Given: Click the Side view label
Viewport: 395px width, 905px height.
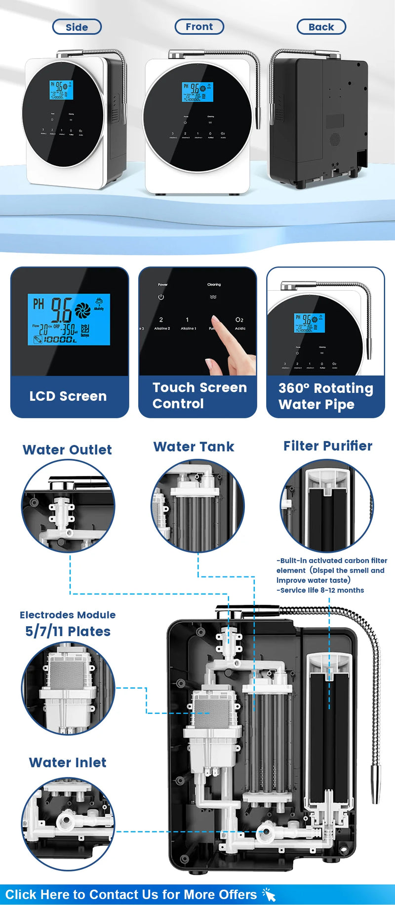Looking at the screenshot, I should click(77, 27).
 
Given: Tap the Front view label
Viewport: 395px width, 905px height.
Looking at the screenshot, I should click(199, 27).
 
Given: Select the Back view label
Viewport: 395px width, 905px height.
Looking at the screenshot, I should click(321, 27).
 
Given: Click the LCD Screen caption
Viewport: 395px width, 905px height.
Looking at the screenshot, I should click(68, 396).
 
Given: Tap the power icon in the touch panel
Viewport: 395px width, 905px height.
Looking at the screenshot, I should click(161, 297).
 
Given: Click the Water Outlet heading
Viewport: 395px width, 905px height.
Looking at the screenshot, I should click(67, 450).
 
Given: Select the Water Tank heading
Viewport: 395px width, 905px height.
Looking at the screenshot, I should click(194, 447).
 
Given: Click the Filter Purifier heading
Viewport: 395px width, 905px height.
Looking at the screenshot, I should click(328, 446).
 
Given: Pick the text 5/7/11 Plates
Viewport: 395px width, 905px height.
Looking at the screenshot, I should click(68, 631).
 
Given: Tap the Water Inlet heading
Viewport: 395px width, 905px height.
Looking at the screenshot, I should click(68, 762).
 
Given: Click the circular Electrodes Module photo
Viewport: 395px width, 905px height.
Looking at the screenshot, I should click(68, 688).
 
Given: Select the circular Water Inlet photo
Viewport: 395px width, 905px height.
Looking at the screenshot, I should click(68, 824).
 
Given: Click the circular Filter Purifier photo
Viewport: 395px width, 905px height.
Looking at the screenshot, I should click(327, 506).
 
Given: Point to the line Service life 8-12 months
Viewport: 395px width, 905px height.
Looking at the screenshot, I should click(321, 590).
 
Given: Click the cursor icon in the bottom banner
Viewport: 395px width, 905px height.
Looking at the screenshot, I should click(269, 894).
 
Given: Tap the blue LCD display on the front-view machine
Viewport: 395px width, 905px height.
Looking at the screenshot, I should click(197, 92).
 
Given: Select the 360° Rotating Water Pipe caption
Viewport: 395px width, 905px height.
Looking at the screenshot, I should click(325, 396).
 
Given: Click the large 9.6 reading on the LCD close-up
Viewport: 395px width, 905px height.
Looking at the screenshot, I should click(62, 310).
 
